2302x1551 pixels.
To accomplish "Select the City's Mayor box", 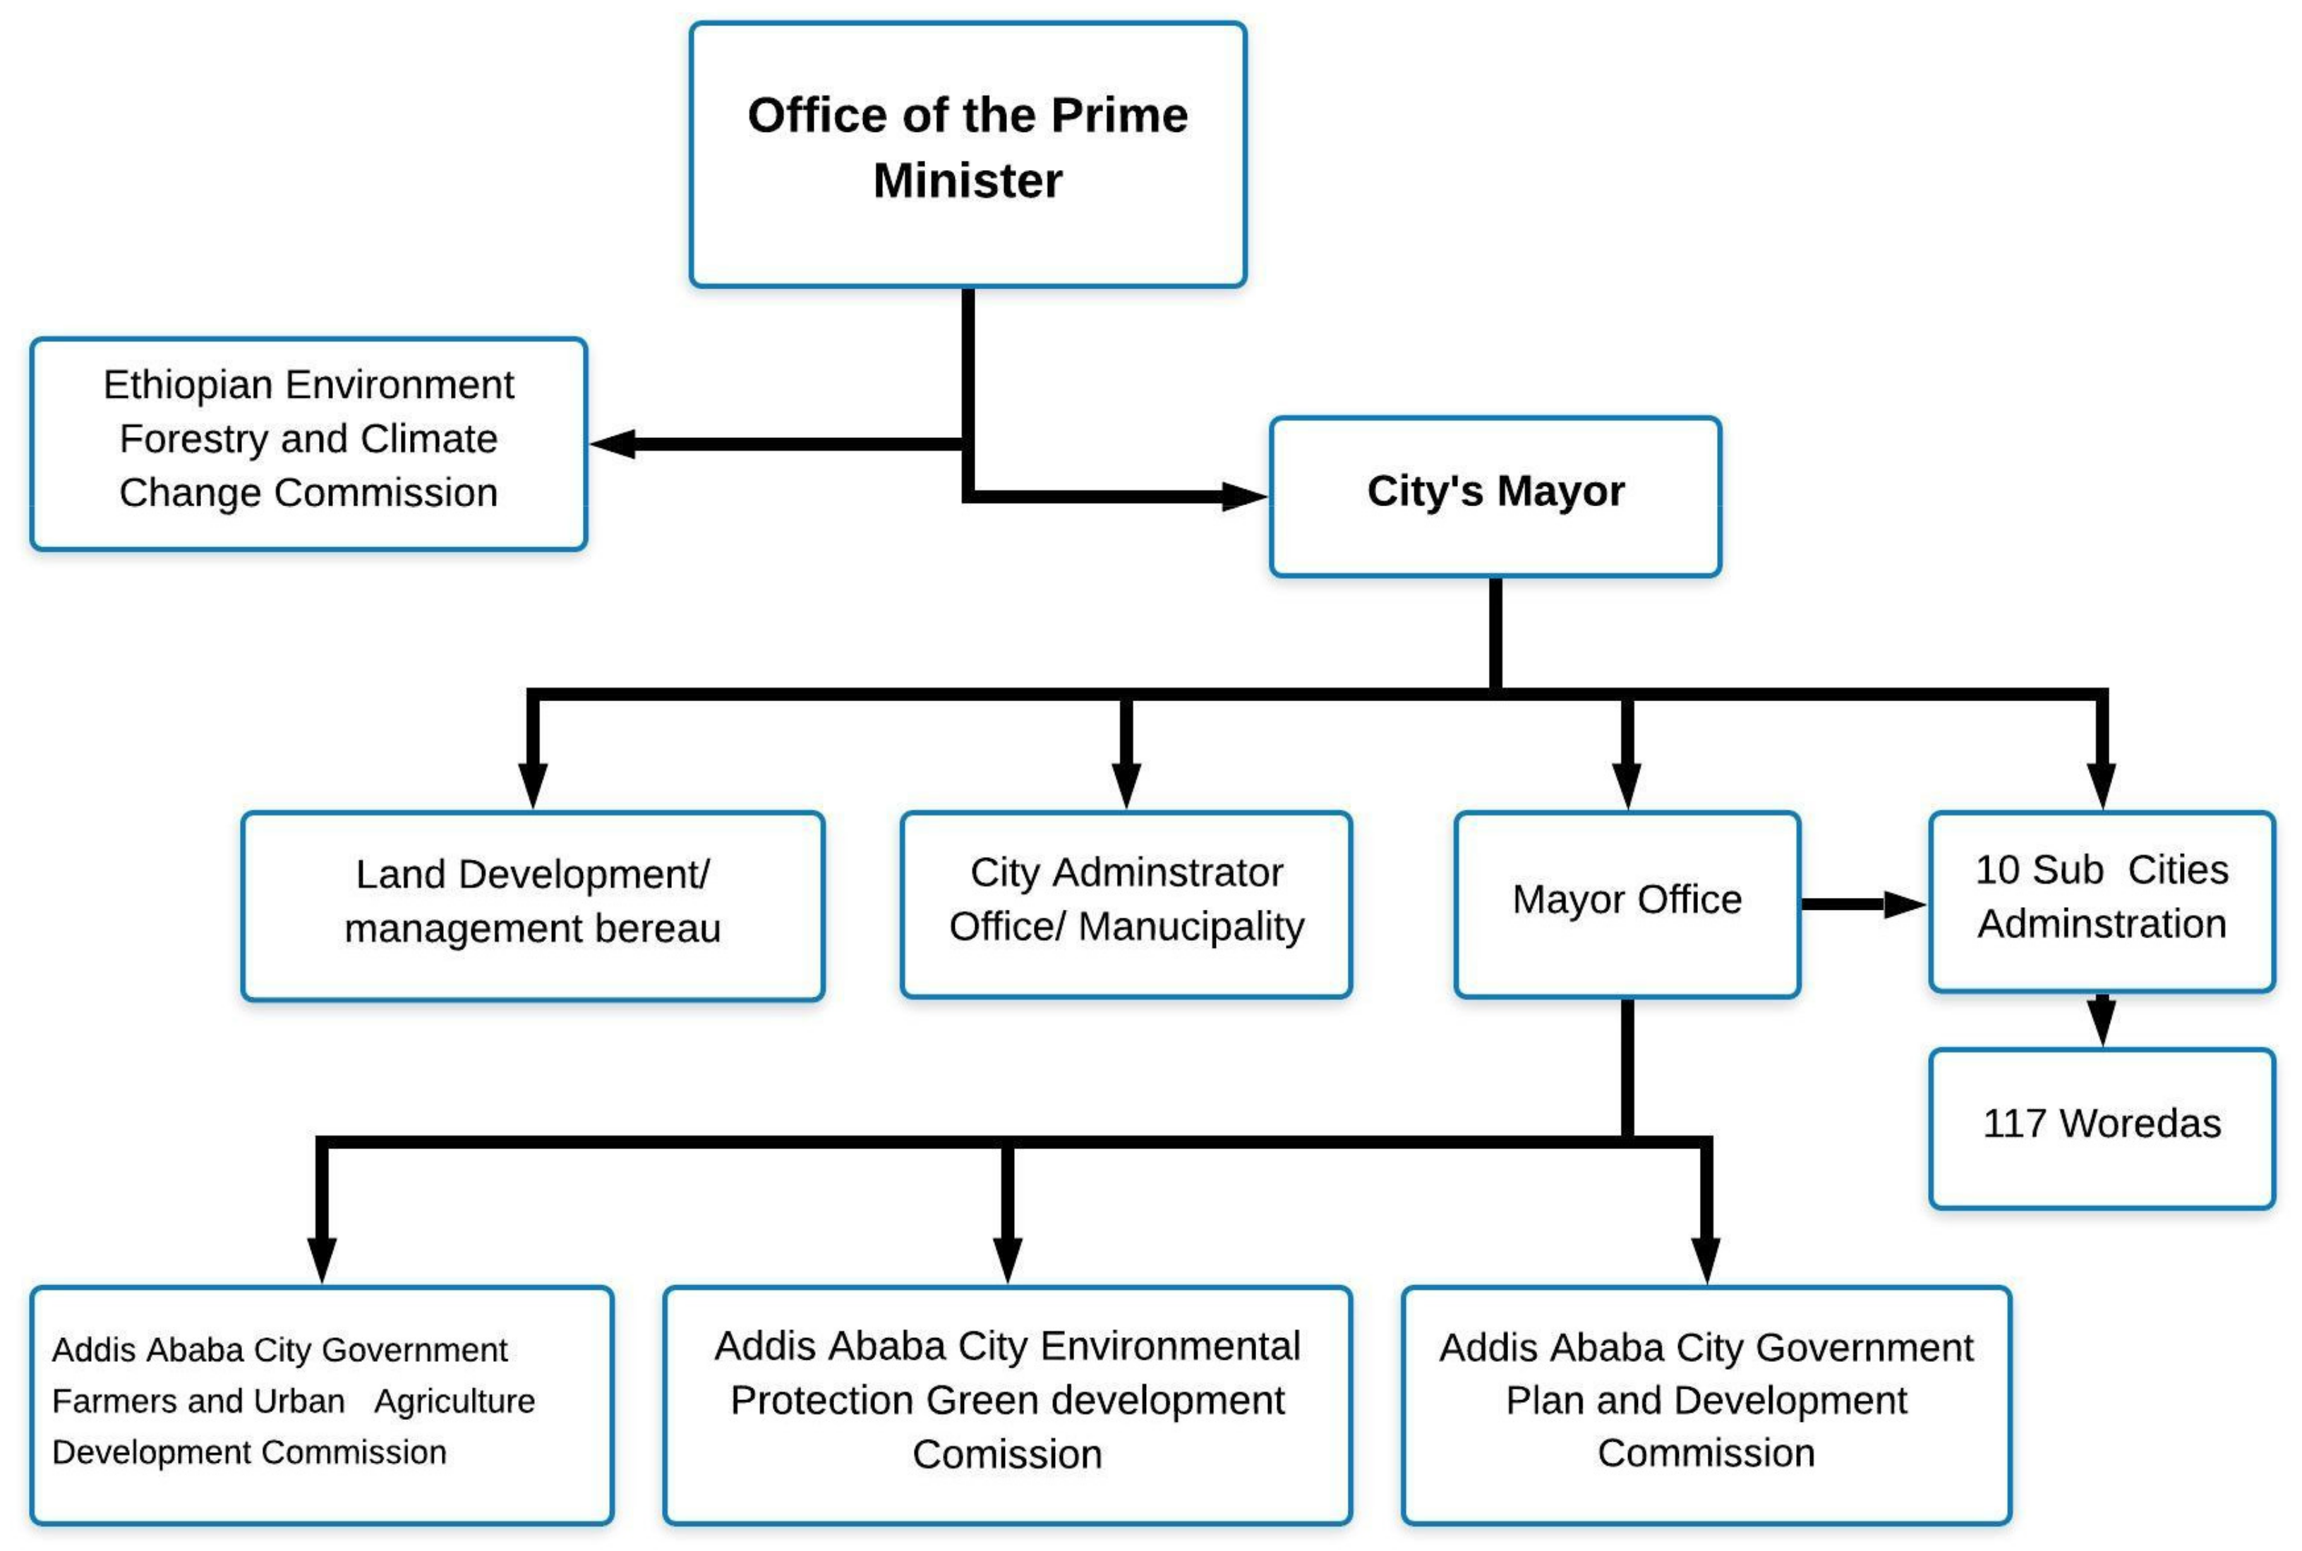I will pyautogui.click(x=1495, y=496).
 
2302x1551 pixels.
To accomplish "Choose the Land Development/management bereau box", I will pyautogui.click(x=532, y=905).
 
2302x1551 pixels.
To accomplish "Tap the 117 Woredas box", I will pyautogui.click(x=2101, y=1128).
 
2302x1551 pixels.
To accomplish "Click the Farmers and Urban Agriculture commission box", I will pyautogui.click(x=322, y=1404).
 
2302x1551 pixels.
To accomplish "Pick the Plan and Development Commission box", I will pyautogui.click(x=1705, y=1404).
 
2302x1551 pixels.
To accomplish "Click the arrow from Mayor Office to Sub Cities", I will pyautogui.click(x=1861, y=903).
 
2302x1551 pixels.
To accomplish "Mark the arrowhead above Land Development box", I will pyautogui.click(x=532, y=786).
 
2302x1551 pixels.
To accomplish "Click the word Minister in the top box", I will pyautogui.click(x=967, y=181).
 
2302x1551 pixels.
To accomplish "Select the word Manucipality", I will pyautogui.click(x=1191, y=927).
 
